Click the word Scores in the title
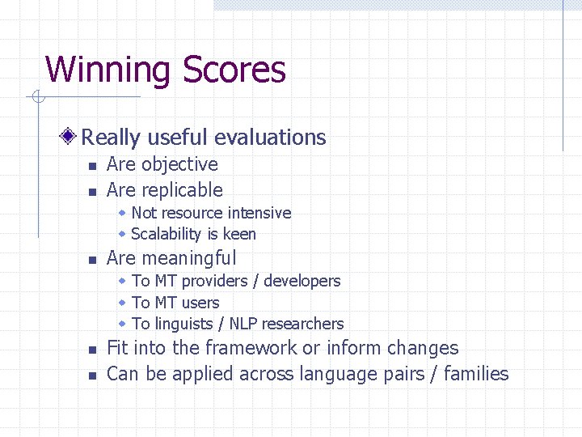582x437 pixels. pyautogui.click(x=234, y=70)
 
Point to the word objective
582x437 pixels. pyautogui.click(x=179, y=164)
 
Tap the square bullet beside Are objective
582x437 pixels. pyautogui.click(x=92, y=166)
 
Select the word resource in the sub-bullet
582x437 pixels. pyautogui.click(x=191, y=213)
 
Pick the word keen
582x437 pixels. pyautogui.click(x=239, y=234)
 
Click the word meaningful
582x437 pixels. pyautogui.click(x=189, y=259)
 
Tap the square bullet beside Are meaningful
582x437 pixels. pyautogui.click(x=92, y=261)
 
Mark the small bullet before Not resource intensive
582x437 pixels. pyautogui.click(x=121, y=213)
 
